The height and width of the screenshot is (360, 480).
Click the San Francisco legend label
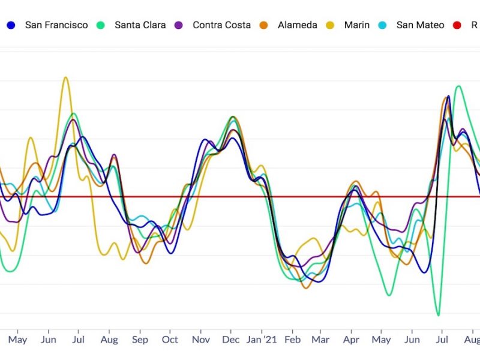click(x=56, y=25)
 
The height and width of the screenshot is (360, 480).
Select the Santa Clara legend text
click(x=140, y=25)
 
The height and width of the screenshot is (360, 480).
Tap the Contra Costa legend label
click(x=221, y=25)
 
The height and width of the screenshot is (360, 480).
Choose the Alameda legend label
click(x=298, y=25)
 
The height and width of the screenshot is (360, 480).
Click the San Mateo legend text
click(x=420, y=25)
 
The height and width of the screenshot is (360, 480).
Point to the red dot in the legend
click(x=457, y=25)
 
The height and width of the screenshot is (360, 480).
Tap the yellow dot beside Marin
click(x=331, y=25)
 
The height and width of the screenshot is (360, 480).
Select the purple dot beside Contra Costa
click(x=179, y=25)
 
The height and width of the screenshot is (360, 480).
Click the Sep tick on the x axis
click(x=140, y=340)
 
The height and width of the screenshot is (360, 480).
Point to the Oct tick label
click(x=170, y=340)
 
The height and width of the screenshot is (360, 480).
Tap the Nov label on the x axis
click(x=201, y=340)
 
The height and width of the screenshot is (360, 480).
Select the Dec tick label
click(x=231, y=340)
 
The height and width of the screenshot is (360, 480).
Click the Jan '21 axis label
click(x=262, y=340)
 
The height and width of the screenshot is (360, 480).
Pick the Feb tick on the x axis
click(x=292, y=340)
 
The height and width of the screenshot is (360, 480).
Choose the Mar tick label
click(x=320, y=340)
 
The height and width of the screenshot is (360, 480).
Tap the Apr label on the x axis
click(x=352, y=340)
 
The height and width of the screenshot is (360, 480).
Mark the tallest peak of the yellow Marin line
click(x=65, y=77)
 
